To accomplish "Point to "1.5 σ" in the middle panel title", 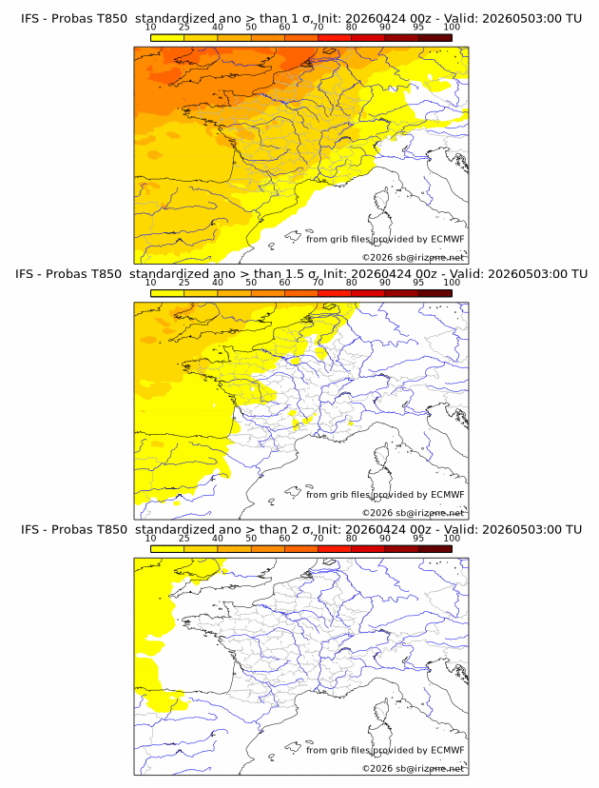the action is tap(301, 274).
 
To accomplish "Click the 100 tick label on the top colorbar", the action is tap(452, 28).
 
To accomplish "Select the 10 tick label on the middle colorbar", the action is tap(150, 283).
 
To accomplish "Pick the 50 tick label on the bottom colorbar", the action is tap(251, 539).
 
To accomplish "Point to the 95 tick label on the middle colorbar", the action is tap(418, 283).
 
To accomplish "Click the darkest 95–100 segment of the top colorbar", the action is tap(435, 38).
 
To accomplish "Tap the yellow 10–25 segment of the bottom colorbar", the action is tap(167, 549).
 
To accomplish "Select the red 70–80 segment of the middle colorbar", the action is tap(335, 293).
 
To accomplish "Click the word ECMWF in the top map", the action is tap(448, 239).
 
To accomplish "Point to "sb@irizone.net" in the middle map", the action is tap(430, 513).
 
